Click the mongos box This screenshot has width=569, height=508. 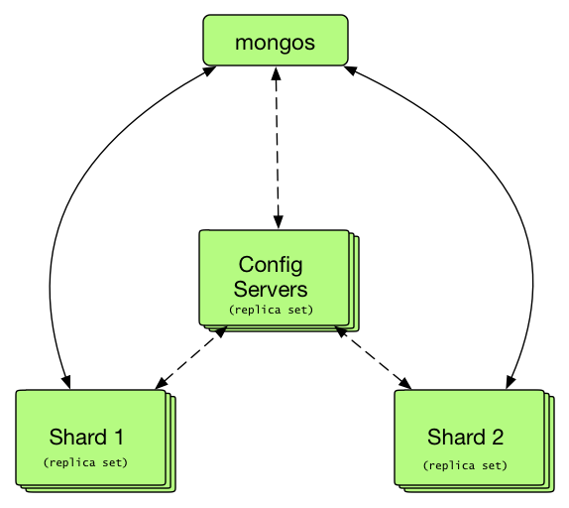276,41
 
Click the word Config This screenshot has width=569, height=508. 271,266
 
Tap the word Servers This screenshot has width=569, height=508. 271,290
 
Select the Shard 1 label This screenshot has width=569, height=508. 86,437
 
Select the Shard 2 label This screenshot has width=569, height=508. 465,437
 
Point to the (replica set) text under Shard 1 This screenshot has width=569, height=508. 85,462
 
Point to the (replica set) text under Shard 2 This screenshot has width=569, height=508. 465,465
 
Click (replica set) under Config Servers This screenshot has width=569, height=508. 271,310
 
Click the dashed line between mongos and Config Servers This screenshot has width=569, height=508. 278,148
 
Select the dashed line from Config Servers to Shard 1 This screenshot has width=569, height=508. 191,357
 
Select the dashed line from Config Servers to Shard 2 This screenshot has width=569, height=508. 373,357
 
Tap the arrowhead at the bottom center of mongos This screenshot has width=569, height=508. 277,73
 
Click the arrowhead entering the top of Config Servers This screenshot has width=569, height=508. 279,222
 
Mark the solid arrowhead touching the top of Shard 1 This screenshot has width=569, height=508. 66,382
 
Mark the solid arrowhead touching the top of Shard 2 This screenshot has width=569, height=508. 511,382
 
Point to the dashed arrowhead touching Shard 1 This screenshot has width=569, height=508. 161,384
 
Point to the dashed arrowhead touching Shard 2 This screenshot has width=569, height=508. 405,384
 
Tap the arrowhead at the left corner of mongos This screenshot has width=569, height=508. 210,70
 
